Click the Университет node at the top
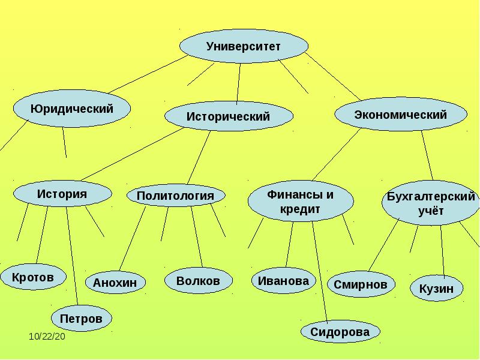tap(244, 47)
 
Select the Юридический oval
tap(72, 109)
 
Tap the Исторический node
tap(229, 116)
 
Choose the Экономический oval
tap(400, 115)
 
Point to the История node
tap(62, 194)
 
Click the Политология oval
tap(176, 196)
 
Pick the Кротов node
tap(32, 277)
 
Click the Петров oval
tap(82, 318)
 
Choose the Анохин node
tap(115, 282)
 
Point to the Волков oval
tap(198, 281)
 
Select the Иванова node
tap(283, 281)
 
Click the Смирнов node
tap(361, 284)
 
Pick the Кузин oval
tap(436, 289)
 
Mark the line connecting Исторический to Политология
tap(199, 157)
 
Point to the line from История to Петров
tap(72, 255)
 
